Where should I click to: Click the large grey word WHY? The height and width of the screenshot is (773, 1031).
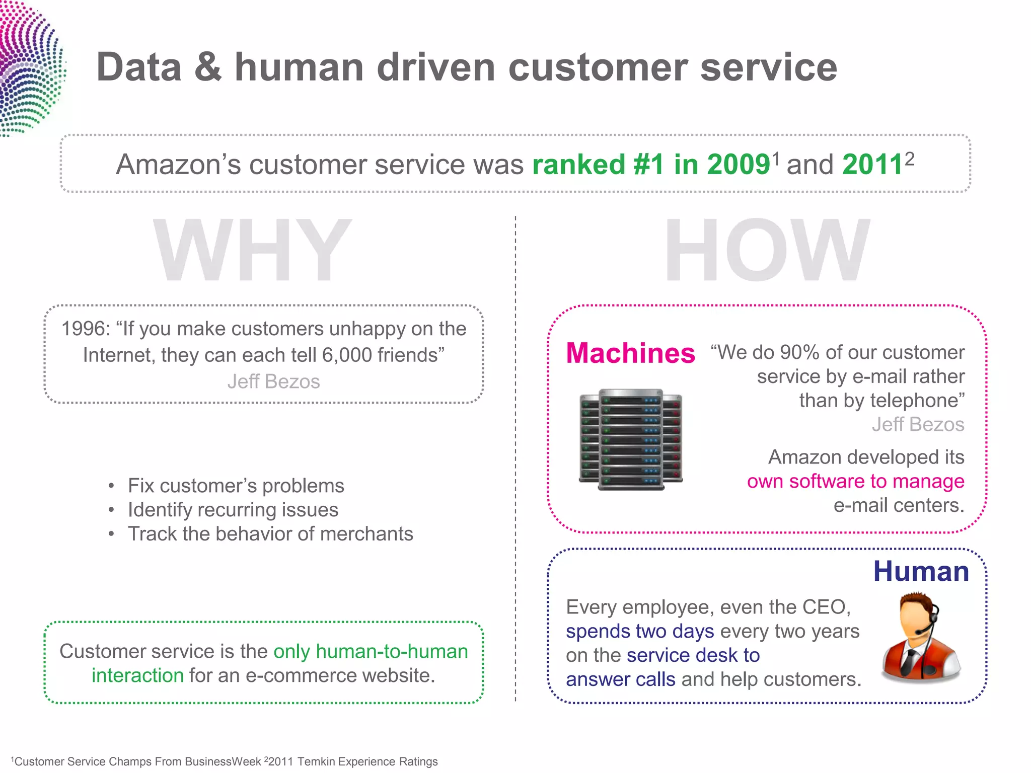[252, 250]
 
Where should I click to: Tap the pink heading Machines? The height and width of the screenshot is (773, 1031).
[630, 353]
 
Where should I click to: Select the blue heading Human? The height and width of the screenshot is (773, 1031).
[921, 572]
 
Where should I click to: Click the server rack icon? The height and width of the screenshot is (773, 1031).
[631, 439]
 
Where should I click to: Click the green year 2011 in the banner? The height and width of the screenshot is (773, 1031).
[872, 165]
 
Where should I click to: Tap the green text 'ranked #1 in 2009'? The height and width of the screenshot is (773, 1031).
[651, 165]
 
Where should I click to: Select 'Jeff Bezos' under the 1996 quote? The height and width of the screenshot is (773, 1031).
[273, 381]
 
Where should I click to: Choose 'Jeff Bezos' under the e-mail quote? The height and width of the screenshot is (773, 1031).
[918, 425]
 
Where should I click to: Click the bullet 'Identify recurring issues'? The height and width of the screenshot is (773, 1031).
[233, 510]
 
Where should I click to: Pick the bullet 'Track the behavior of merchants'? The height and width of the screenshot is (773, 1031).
[270, 534]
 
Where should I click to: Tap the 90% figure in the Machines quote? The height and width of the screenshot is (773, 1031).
[799, 353]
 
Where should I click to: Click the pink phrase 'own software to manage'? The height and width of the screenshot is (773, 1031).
[855, 482]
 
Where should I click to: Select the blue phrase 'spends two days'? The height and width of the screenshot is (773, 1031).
[639, 632]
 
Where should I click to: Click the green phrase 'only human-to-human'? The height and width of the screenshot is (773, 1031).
[371, 652]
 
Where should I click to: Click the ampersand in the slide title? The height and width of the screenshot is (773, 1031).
[207, 68]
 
